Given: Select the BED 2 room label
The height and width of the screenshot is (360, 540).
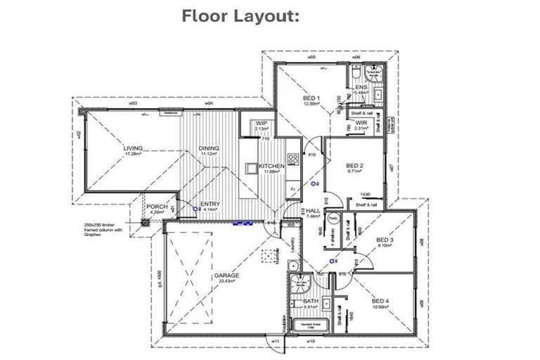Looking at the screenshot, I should [x=354, y=166].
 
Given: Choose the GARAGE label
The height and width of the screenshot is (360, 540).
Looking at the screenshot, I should [x=226, y=276].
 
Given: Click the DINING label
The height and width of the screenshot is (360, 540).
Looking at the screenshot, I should [x=209, y=148].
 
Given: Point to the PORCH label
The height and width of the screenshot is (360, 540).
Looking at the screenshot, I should [x=156, y=206].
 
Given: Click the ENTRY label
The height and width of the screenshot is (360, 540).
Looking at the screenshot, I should [x=210, y=205].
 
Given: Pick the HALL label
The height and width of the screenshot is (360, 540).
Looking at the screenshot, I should [x=313, y=210].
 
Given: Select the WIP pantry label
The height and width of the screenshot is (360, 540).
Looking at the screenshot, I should [x=262, y=123].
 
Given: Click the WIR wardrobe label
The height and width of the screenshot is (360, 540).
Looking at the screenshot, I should [x=361, y=123].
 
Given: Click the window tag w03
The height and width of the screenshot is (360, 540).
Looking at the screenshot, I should [x=131, y=103].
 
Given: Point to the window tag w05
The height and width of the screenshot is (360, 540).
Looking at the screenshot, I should [x=309, y=58].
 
